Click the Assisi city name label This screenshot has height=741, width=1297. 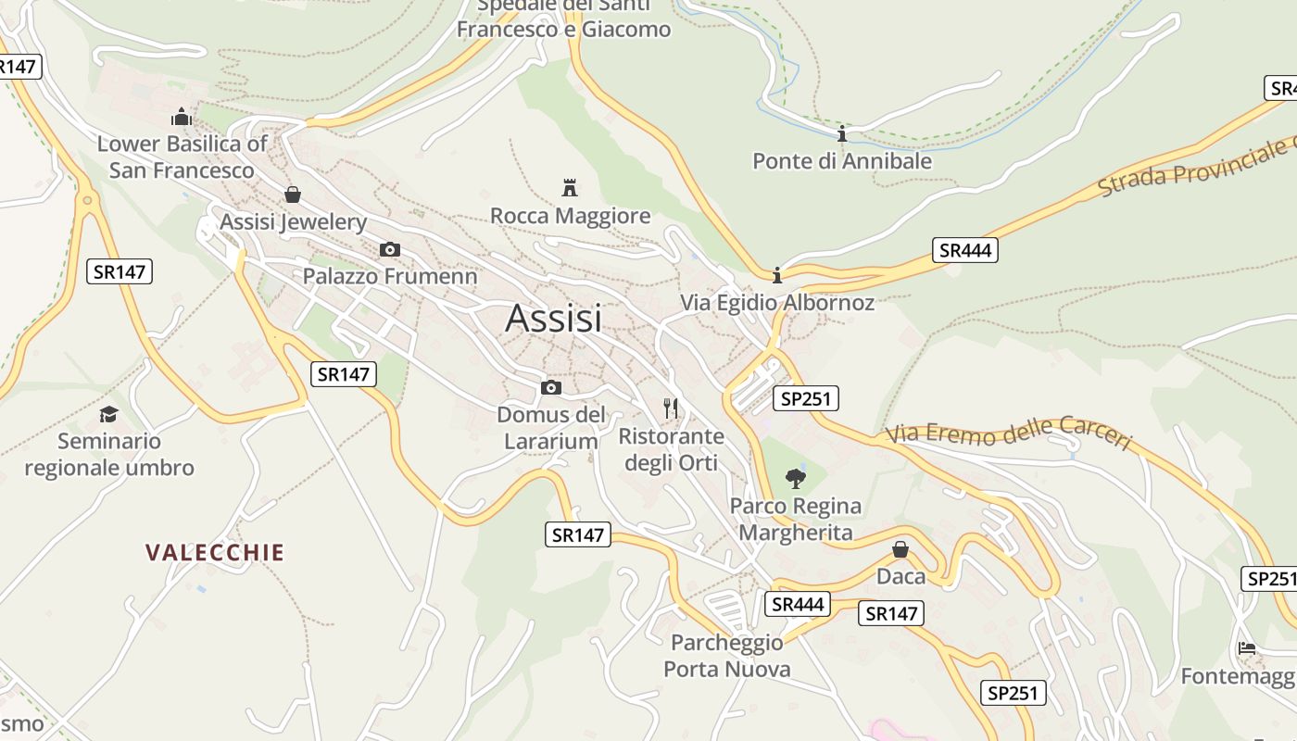click(x=554, y=319)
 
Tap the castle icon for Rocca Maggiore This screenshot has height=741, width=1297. click(x=570, y=188)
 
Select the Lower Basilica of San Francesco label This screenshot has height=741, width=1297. click(x=182, y=157)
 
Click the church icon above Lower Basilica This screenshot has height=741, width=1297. click(x=182, y=118)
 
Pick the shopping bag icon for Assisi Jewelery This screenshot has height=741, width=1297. click(x=293, y=194)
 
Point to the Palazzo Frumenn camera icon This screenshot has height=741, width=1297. click(x=390, y=249)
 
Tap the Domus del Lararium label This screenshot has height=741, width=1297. click(x=551, y=427)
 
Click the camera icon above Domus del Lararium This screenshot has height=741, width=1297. click(x=551, y=387)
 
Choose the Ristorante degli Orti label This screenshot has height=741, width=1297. click(x=672, y=448)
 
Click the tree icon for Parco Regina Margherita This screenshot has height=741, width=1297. click(x=795, y=478)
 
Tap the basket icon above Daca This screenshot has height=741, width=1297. click(x=900, y=550)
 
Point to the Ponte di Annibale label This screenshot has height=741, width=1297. click(x=842, y=161)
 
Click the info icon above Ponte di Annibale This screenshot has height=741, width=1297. click(x=842, y=134)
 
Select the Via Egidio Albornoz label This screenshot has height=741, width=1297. click(x=777, y=303)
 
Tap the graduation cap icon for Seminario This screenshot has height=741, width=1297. click(x=109, y=413)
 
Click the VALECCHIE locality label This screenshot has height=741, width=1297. click(x=215, y=553)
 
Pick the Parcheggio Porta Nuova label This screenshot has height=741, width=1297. click(x=727, y=655)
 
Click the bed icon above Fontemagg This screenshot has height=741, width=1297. click(x=1247, y=647)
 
